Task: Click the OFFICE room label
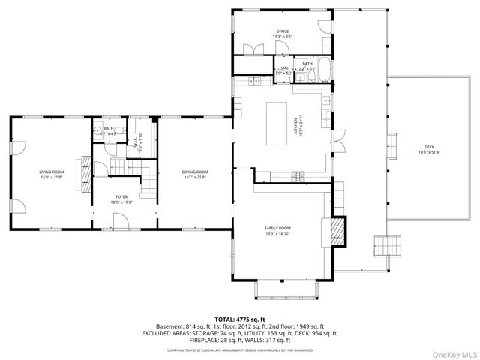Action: (x=283, y=31)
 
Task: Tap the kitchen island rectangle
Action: (x=278, y=124)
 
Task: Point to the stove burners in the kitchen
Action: (x=298, y=177)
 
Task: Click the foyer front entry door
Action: (x=120, y=220)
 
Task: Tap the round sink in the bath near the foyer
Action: (x=98, y=130)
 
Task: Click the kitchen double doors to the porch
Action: (x=337, y=139)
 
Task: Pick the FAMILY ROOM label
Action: (x=277, y=228)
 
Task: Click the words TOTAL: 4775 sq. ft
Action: (x=240, y=319)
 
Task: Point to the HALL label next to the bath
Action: (x=284, y=67)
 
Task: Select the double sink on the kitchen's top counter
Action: (x=255, y=80)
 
